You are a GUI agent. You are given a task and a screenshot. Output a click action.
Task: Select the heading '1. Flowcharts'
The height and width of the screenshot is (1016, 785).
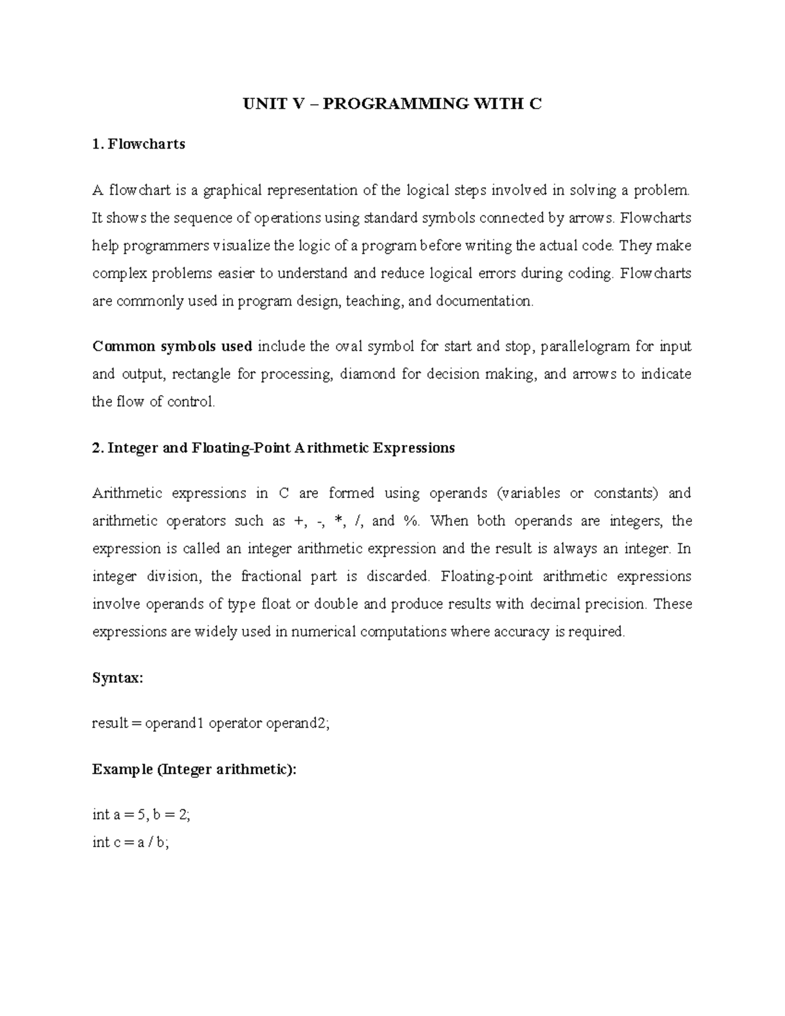(x=139, y=144)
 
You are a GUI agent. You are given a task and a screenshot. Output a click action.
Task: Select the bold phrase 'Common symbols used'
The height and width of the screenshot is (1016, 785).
(x=173, y=346)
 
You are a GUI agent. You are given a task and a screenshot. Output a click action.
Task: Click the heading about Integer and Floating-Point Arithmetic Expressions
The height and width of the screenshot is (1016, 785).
(x=273, y=448)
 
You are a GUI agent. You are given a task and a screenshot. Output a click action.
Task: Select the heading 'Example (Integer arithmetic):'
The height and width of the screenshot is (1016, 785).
(x=194, y=769)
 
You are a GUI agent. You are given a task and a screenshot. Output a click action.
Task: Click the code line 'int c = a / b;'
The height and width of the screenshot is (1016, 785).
(x=131, y=843)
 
